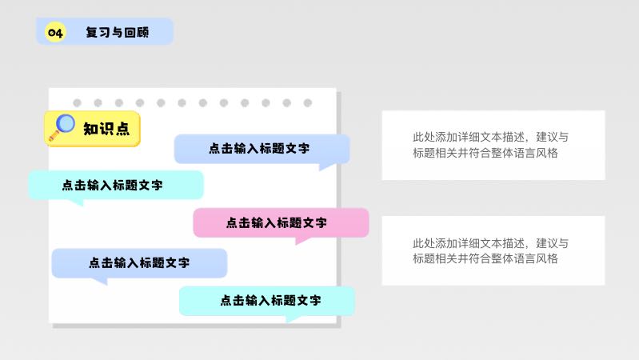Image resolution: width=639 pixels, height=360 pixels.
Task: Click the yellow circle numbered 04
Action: [55, 32]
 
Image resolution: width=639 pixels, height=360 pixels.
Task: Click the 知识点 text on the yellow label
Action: [106, 129]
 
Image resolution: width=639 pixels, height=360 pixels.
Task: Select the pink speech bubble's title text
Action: [276, 223]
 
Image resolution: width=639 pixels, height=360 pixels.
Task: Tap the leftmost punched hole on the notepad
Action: [78, 103]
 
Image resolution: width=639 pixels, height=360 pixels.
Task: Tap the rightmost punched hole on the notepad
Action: [307, 103]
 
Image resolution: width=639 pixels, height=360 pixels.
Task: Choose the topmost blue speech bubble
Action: [262, 149]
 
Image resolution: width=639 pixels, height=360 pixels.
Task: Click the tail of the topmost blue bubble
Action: [327, 166]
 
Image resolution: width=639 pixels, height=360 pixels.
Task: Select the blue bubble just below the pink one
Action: [139, 262]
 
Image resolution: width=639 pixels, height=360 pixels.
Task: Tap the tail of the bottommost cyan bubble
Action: [294, 318]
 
